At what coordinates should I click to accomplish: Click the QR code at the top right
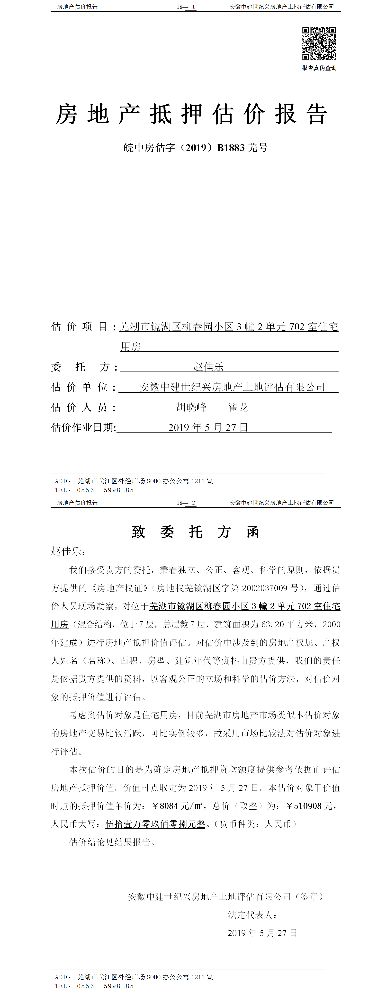click(319, 44)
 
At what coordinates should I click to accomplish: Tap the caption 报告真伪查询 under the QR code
click(319, 68)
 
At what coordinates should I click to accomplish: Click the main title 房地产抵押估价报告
click(191, 114)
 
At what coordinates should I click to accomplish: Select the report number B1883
click(231, 148)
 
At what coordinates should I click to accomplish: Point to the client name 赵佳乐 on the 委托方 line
click(208, 367)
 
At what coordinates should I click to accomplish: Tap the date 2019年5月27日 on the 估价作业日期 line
click(208, 427)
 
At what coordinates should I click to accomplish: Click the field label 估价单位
click(80, 387)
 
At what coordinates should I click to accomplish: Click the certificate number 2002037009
click(265, 588)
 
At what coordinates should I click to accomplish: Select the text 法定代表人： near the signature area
click(252, 915)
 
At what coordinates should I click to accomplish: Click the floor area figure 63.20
click(272, 624)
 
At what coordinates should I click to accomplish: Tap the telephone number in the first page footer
click(105, 490)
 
